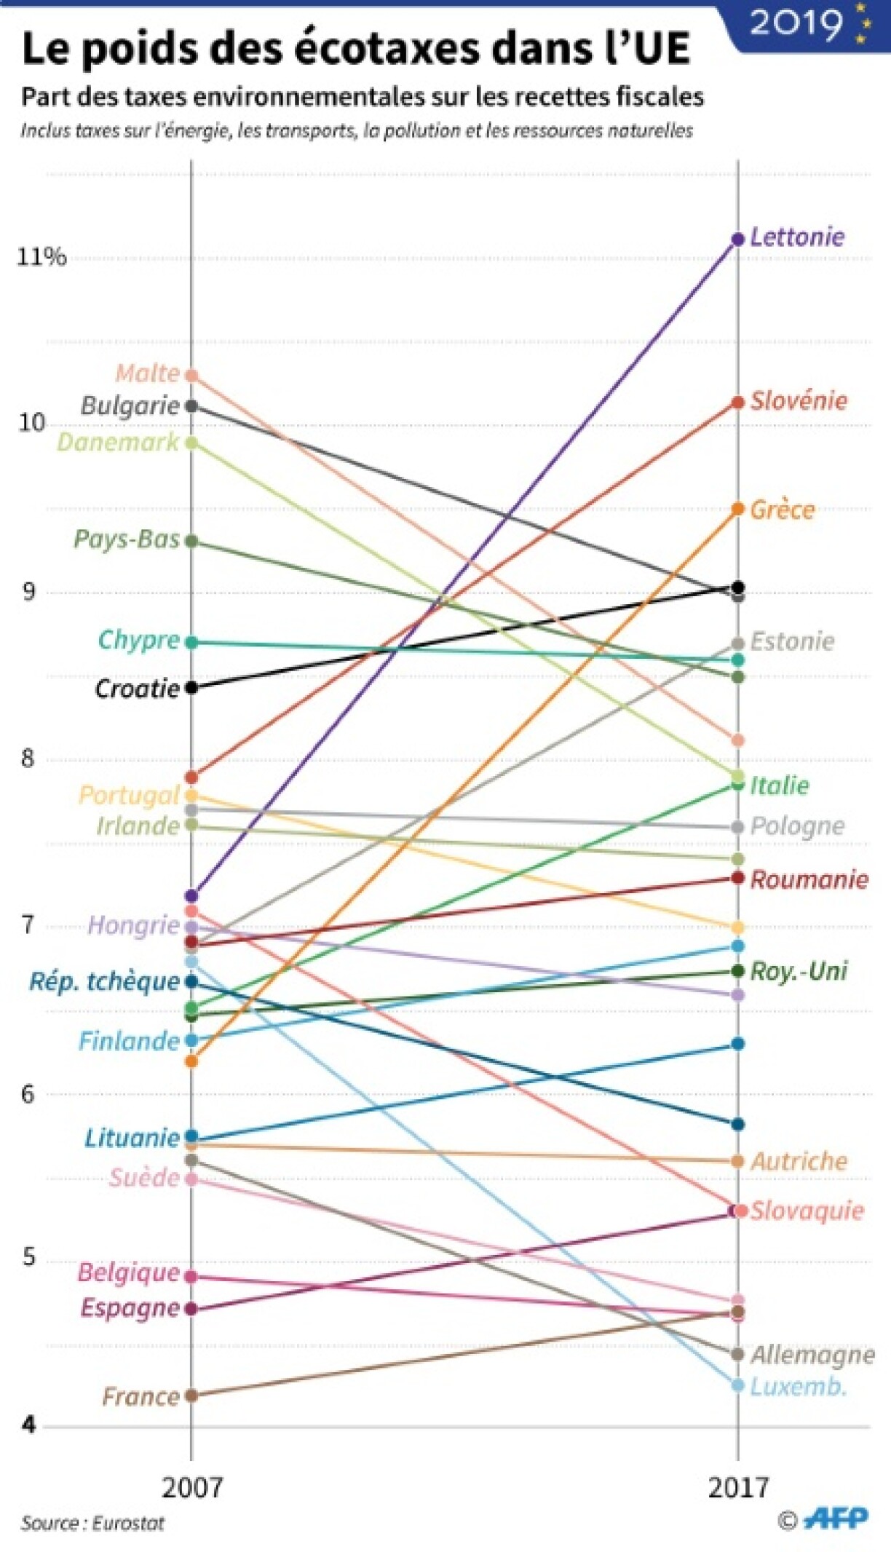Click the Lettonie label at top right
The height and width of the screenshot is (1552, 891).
tap(797, 237)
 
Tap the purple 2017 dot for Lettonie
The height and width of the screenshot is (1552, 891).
tap(737, 239)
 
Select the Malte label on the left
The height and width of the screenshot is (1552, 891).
tap(148, 373)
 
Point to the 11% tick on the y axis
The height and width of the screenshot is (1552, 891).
tap(41, 256)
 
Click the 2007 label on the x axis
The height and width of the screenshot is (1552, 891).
tap(191, 1487)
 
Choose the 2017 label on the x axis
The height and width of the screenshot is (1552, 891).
tap(738, 1487)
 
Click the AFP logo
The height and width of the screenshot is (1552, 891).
tap(837, 1519)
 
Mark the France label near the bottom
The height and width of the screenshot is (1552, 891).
tap(140, 1396)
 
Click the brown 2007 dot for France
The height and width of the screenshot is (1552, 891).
tap(191, 1395)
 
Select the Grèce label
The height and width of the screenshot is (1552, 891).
tap(782, 510)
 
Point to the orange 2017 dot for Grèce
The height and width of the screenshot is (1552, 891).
tap(737, 509)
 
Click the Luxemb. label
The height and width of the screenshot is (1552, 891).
tap(798, 1386)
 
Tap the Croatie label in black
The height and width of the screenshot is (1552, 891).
tap(137, 689)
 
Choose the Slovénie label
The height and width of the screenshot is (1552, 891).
tap(799, 401)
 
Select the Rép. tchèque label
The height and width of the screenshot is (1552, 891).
tap(104, 981)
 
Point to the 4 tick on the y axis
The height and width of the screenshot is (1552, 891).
tap(29, 1425)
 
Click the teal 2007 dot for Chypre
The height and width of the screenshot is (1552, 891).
tap(191, 642)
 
